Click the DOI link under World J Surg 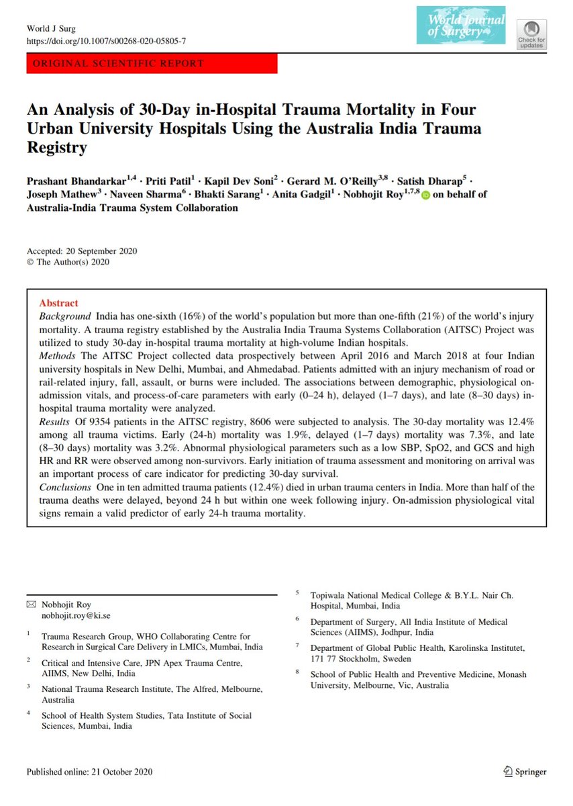click(106, 41)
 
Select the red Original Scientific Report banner click(152, 64)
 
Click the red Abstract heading click(58, 303)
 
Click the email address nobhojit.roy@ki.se click(77, 614)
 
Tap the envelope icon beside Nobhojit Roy click(31, 604)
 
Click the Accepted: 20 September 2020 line click(82, 251)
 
